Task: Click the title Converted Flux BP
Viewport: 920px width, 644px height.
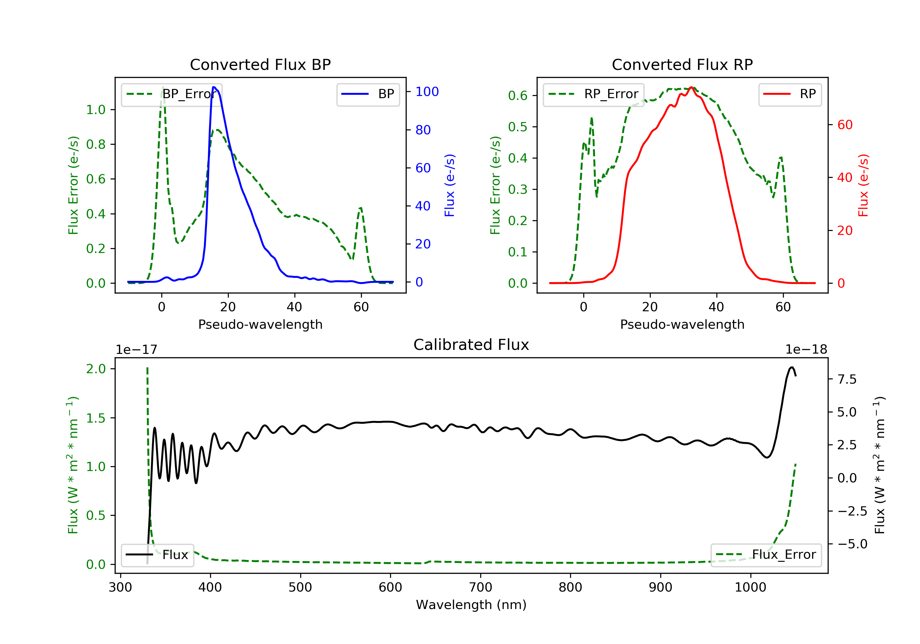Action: [x=260, y=64]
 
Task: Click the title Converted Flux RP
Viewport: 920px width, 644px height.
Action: [x=682, y=64]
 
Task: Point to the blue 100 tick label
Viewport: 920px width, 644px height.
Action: [x=427, y=92]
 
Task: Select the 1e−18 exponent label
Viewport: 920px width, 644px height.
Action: [x=806, y=350]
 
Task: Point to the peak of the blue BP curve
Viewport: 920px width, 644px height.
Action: [x=214, y=87]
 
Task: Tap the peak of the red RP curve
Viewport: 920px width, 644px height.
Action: [x=691, y=87]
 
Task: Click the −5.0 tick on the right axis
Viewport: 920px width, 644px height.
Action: [x=852, y=544]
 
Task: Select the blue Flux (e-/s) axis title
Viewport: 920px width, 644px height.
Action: [x=450, y=185]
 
